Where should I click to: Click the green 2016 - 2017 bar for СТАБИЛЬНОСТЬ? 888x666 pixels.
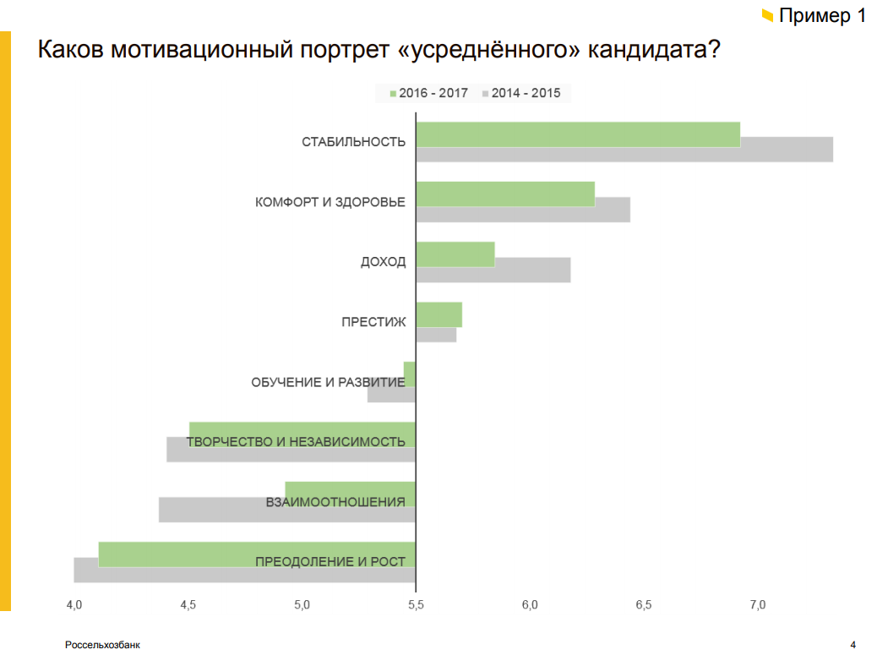coord(578,134)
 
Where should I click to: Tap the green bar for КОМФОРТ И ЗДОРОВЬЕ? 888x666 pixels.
coord(505,194)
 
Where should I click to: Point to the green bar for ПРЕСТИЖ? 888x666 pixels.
coord(439,314)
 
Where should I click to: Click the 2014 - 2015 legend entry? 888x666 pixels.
coord(520,93)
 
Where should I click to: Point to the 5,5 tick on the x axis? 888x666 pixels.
coord(416,605)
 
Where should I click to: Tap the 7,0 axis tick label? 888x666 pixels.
coord(757,605)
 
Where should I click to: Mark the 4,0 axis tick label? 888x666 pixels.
coord(74,605)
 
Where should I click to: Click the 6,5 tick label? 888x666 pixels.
coord(644,605)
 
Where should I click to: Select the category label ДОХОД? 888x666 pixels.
coord(383,262)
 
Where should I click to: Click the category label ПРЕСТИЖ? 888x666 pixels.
coord(373,322)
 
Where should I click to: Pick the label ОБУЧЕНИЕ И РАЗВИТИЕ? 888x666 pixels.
coord(328,382)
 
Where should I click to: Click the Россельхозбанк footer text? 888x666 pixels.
coord(102,646)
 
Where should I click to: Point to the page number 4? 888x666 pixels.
coord(853,646)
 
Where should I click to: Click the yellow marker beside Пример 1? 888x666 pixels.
coord(767,15)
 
